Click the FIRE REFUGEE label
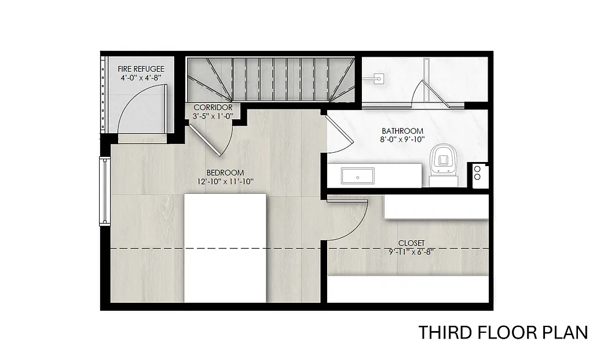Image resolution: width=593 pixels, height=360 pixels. tap(137, 69)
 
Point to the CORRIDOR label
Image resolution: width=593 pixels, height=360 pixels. tap(213, 108)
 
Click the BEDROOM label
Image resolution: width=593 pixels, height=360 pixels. tap(225, 172)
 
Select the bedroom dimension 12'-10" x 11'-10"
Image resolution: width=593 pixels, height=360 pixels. tap(225, 182)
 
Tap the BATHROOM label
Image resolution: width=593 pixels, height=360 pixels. tap(402, 131)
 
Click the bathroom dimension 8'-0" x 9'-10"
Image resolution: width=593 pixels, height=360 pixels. tap(402, 140)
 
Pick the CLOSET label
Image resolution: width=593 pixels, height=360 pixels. tap(411, 243)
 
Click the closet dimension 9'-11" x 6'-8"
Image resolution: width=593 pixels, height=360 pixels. tap(411, 252)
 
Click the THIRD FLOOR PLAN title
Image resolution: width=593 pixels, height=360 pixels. tap(503, 333)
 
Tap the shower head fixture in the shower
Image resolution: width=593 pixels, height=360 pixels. tap(379, 77)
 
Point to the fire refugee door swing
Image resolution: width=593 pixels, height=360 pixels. tap(142, 107)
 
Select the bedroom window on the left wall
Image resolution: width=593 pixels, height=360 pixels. tap(104, 191)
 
